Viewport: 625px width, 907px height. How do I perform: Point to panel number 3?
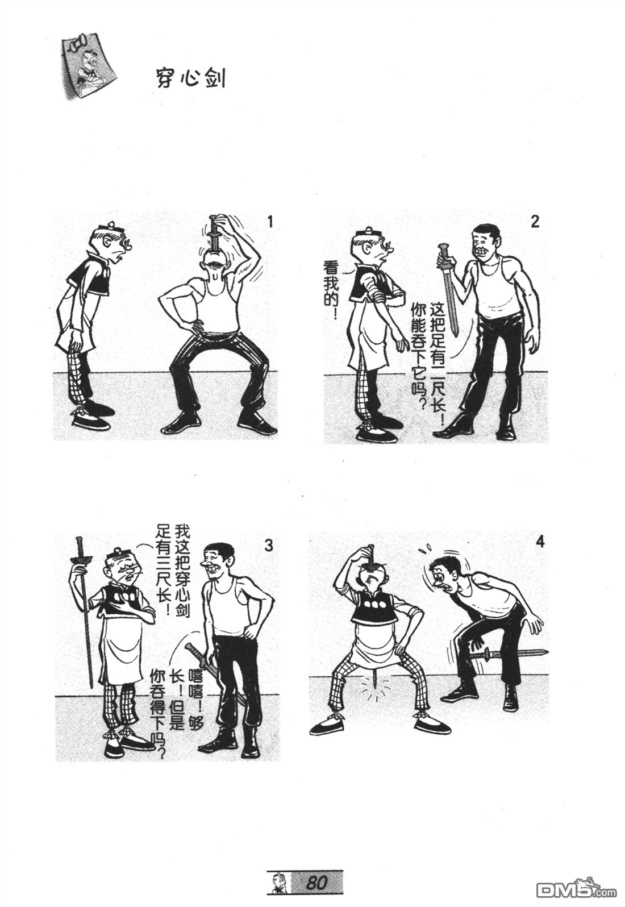[x=269, y=546]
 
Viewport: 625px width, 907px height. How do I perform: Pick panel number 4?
[x=540, y=542]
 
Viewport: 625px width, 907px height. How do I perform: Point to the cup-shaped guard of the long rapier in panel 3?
[x=78, y=560]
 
